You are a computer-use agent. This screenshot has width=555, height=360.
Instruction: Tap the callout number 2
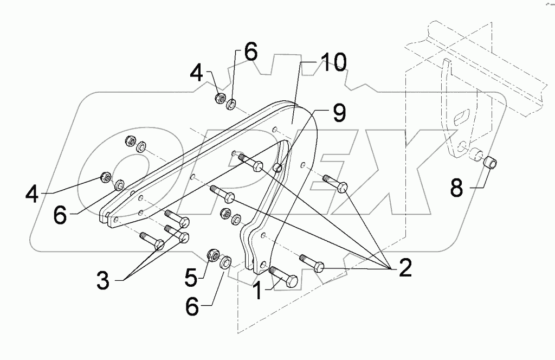click(x=405, y=268)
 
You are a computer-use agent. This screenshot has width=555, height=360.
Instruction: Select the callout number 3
click(x=103, y=281)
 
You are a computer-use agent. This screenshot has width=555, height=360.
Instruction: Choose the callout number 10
click(x=332, y=63)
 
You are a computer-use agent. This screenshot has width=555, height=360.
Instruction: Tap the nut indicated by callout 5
click(x=213, y=254)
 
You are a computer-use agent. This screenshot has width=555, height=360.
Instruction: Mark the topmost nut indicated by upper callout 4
click(x=221, y=98)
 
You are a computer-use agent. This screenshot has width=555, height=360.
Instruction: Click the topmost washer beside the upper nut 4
click(x=231, y=103)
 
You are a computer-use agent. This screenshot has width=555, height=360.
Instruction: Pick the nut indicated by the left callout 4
click(x=107, y=177)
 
